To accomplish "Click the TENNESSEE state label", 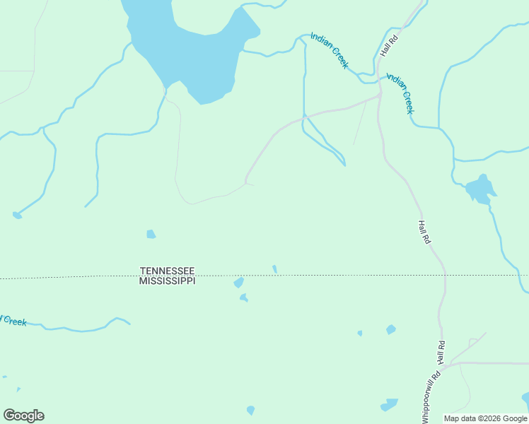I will [x=167, y=271].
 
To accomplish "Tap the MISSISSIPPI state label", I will [x=167, y=281].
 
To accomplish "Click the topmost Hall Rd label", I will [x=390, y=46].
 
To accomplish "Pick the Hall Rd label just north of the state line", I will [x=424, y=232].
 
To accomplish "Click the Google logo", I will [x=23, y=416].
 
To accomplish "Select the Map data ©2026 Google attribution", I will [x=485, y=418].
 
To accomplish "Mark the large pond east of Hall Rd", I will [x=479, y=189].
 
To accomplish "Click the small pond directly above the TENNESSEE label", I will [x=151, y=234].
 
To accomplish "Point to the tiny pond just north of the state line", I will [x=274, y=269].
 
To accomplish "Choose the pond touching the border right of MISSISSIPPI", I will [x=239, y=283].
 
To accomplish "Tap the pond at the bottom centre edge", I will [x=250, y=410].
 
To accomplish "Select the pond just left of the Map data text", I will [x=390, y=405].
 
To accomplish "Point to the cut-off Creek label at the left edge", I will [x=13, y=321].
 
